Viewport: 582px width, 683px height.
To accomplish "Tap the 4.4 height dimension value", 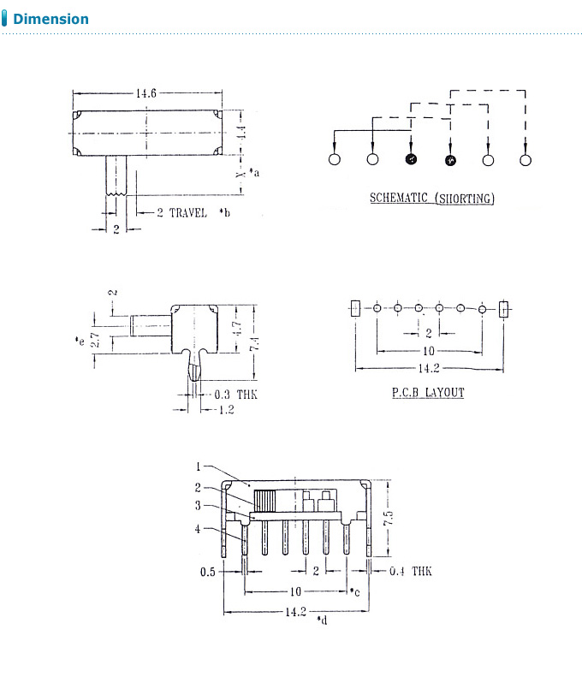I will coord(242,132).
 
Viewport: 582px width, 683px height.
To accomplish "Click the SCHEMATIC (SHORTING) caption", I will coord(431,199).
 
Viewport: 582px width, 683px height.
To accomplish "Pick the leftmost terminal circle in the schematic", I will coord(334,159).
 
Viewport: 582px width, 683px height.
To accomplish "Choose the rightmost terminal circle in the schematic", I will coord(526,159).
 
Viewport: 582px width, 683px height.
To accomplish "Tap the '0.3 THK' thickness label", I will coord(235,395).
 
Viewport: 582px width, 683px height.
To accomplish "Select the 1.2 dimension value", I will coord(226,410).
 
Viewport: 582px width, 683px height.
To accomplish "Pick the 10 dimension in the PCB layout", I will coord(428,351).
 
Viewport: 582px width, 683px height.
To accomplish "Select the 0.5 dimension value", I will coord(208,572).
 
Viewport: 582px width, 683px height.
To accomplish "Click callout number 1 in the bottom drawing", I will coord(198,466).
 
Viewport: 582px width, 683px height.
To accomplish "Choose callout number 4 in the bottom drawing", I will coord(198,529).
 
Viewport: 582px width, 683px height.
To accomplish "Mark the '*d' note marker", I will coord(322,620).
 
